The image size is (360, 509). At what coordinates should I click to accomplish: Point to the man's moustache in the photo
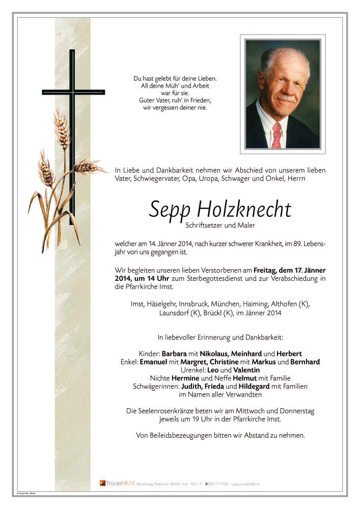coord(287,97)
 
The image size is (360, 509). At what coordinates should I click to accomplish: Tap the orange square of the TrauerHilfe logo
coord(102,483)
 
